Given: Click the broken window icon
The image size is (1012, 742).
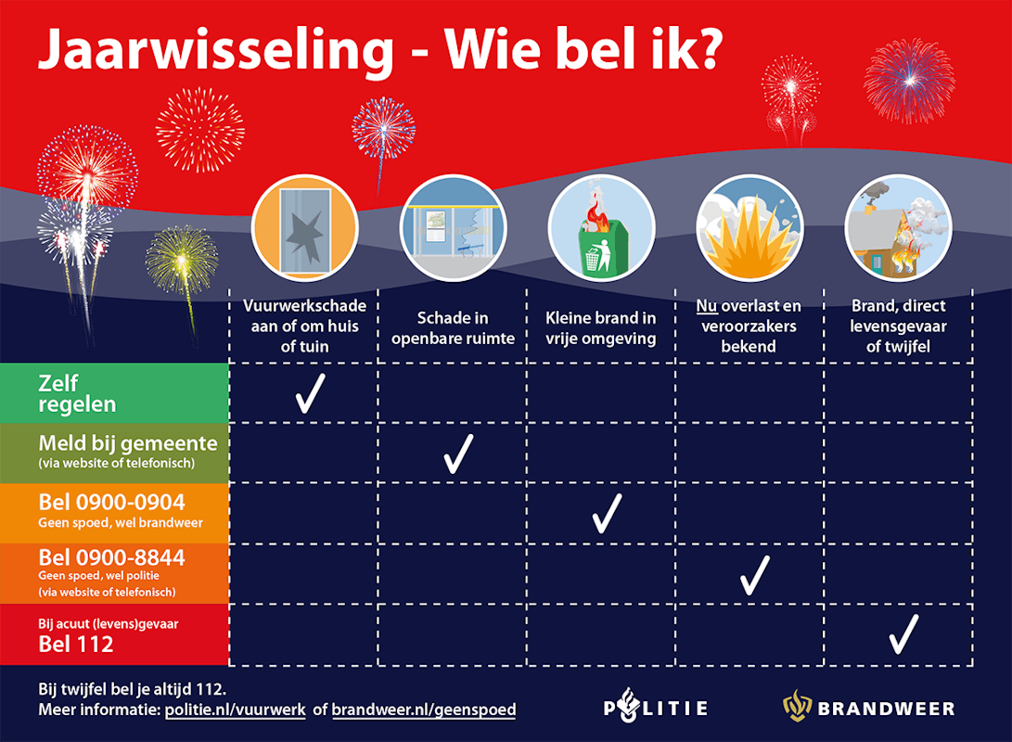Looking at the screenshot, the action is tap(304, 228).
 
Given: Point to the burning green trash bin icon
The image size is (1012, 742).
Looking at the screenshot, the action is tap(601, 228).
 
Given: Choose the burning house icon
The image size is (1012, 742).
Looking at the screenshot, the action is tap(899, 228).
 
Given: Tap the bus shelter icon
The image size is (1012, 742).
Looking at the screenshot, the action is tap(453, 228).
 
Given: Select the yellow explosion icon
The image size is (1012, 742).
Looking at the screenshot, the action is tap(750, 228).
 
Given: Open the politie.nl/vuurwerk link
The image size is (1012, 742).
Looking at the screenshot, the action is tap(236, 710).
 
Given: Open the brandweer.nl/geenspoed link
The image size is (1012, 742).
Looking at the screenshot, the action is tap(424, 710).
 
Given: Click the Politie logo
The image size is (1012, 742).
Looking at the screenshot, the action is tap(656, 706).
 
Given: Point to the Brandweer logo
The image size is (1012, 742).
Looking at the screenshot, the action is tap(869, 706).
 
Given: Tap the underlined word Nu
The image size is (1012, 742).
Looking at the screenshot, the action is tap(707, 306).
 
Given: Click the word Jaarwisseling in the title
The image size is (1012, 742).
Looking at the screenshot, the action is tap(216, 50).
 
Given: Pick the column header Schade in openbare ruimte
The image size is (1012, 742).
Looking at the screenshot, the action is tap(453, 327).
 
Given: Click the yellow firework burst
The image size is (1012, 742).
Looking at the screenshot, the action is tap(182, 260).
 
